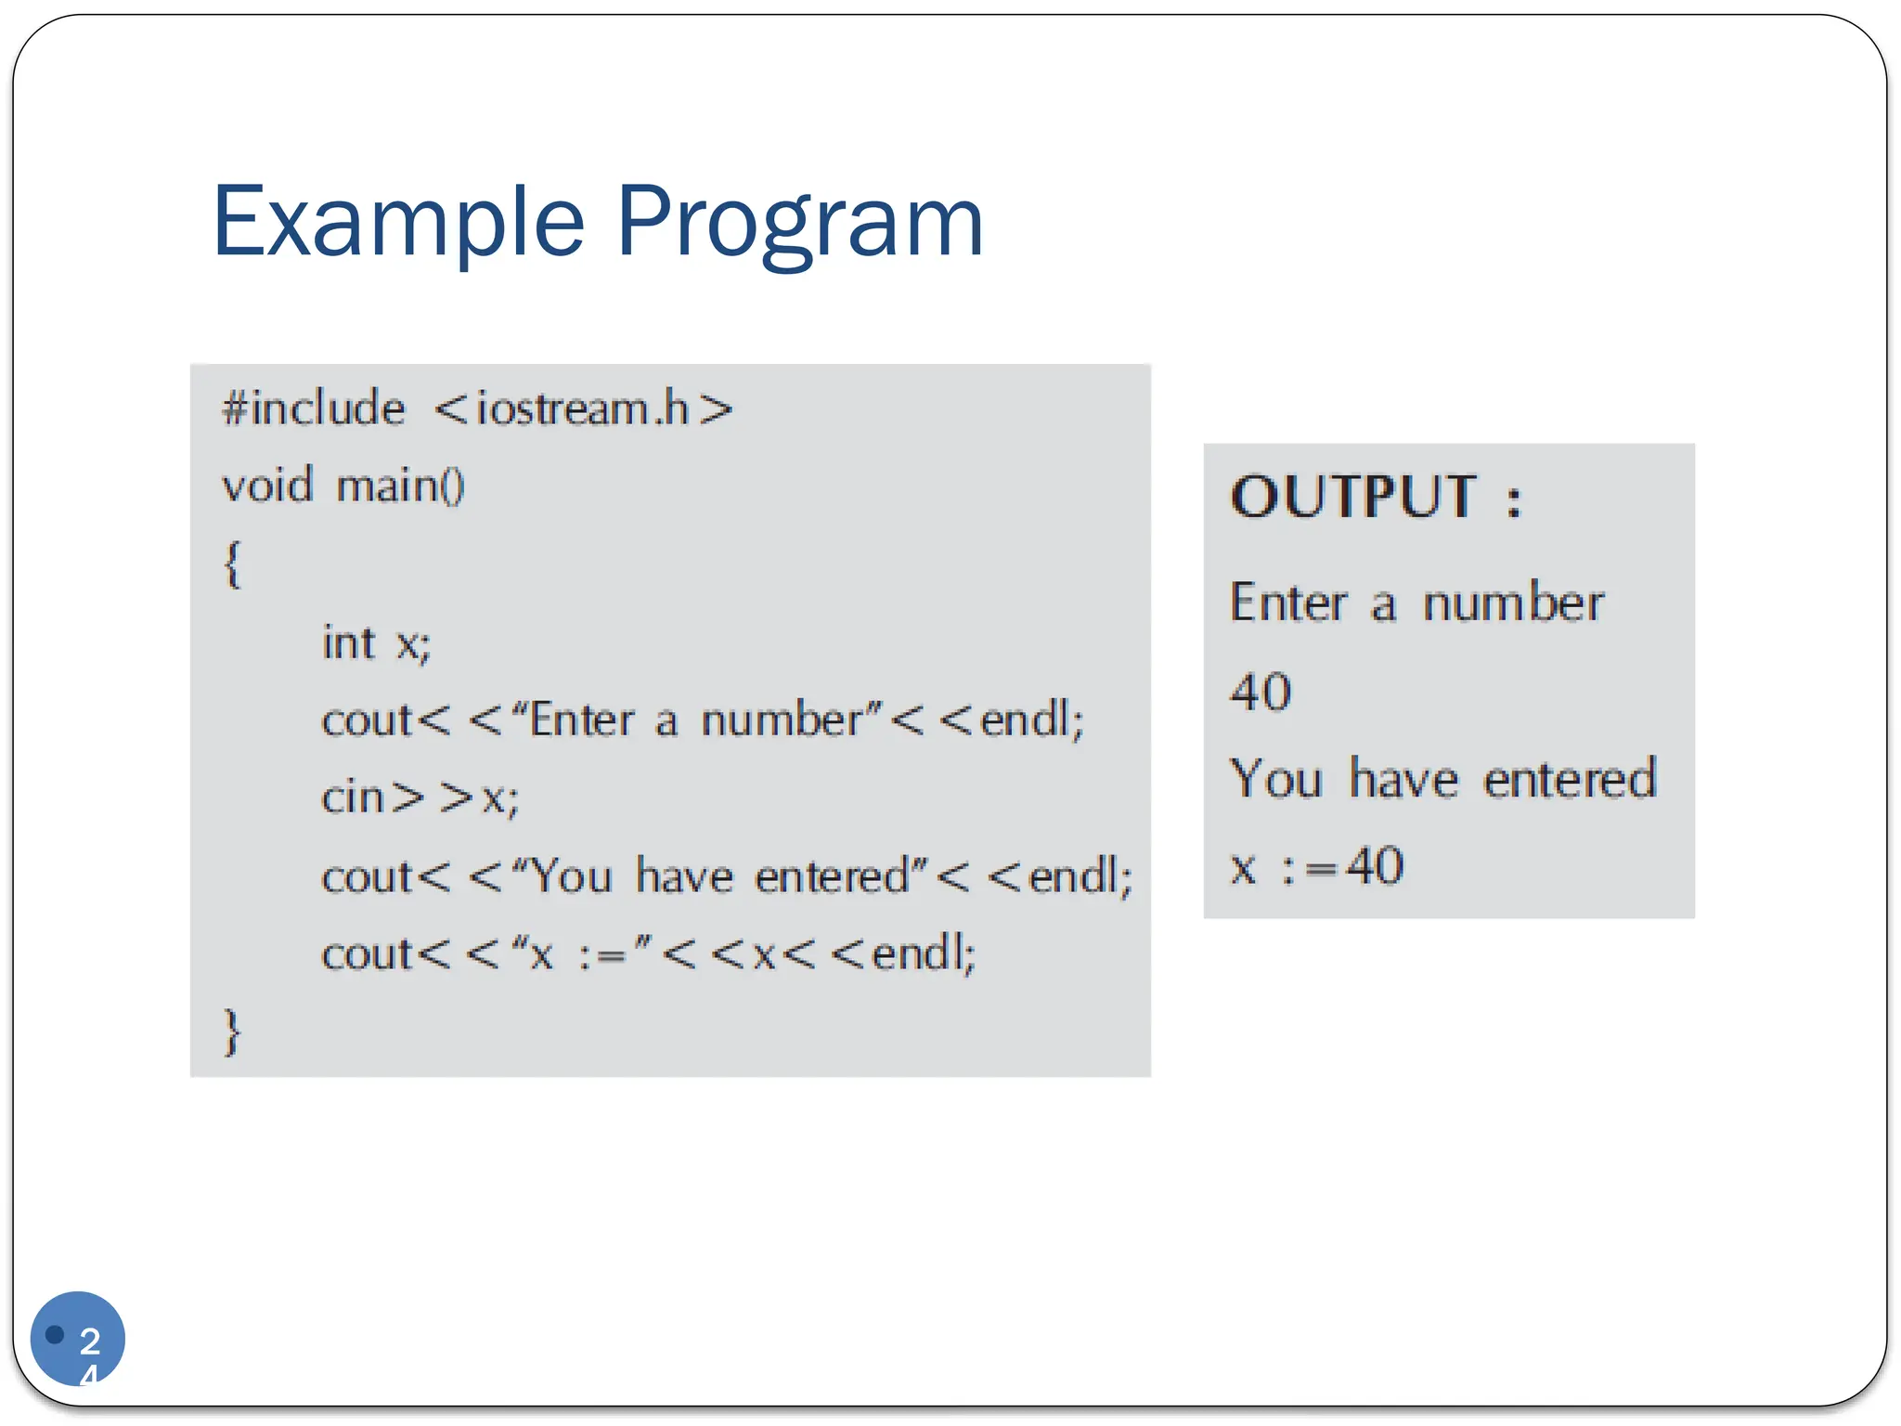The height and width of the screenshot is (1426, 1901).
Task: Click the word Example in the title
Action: point(398,223)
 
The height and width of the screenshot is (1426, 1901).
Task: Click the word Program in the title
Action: point(799,223)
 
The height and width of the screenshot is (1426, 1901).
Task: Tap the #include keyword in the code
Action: point(314,408)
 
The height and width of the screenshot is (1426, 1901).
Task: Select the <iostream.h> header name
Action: point(583,408)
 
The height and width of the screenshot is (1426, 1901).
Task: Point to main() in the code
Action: point(400,486)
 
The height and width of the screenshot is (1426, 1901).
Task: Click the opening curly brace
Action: point(232,564)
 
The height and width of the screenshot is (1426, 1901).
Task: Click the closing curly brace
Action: point(232,1031)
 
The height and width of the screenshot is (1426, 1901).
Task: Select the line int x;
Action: point(376,642)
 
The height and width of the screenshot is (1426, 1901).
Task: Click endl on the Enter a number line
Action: point(1030,720)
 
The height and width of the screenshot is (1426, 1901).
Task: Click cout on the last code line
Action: point(367,953)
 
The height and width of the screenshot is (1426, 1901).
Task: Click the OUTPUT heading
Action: point(1374,497)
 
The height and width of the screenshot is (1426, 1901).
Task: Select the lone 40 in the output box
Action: point(1261,693)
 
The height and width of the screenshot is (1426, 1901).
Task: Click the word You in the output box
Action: point(1275,778)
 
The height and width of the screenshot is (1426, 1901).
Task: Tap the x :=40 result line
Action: point(1316,866)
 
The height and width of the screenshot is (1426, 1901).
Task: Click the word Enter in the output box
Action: point(1287,603)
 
